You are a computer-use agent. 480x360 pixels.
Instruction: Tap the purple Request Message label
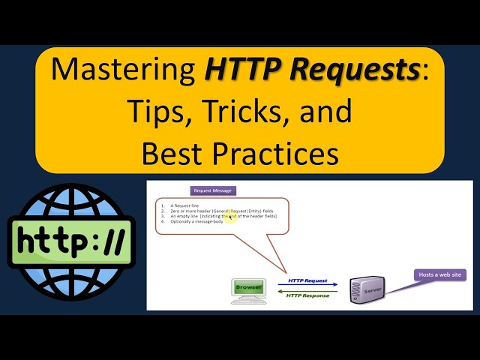click(213, 190)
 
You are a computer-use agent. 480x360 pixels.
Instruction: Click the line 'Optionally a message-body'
click(196, 222)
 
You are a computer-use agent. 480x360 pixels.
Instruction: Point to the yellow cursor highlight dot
click(230, 216)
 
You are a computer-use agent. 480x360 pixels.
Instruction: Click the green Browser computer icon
click(248, 289)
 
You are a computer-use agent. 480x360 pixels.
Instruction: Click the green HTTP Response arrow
click(308, 292)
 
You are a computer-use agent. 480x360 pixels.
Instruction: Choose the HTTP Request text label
click(307, 280)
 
